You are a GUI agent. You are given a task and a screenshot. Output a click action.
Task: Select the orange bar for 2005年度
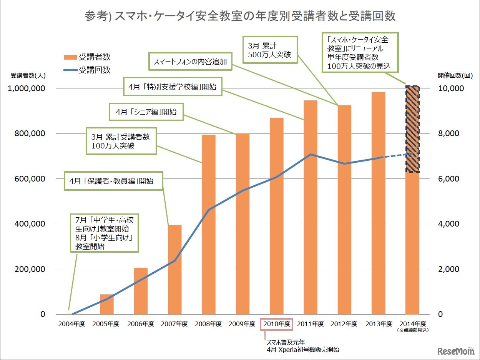107,304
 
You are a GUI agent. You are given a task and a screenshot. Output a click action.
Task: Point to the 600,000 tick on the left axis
31,179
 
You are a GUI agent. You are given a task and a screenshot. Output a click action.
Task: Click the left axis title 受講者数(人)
27,75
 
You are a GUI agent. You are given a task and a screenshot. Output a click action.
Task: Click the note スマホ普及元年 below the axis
282,342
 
